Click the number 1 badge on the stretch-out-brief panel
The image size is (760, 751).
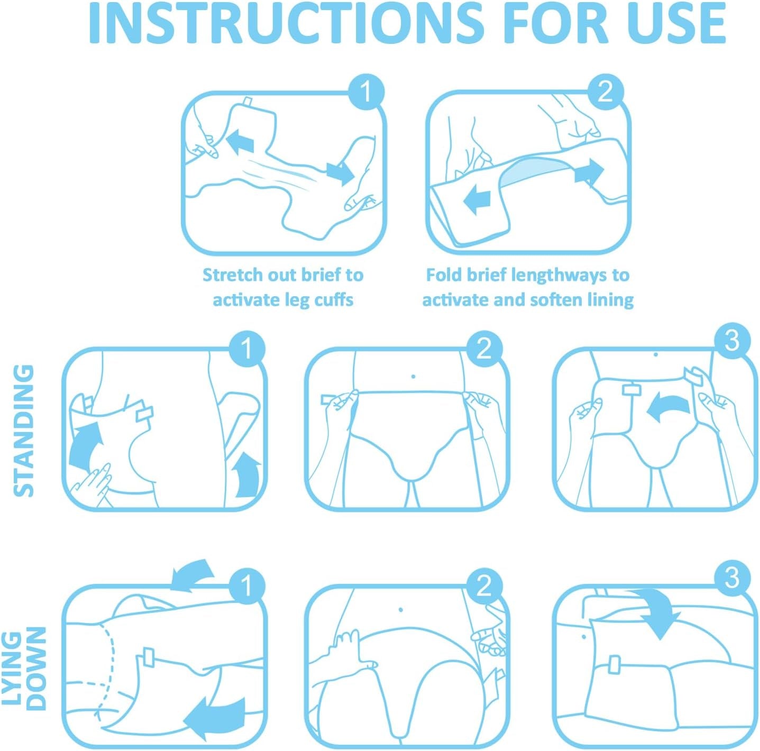(366, 92)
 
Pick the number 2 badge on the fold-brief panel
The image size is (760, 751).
(606, 92)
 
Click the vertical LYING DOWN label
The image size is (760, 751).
(24, 668)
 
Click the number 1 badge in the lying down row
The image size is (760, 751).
(246, 586)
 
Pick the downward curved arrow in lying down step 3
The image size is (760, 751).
(658, 613)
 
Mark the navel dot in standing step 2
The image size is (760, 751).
(413, 377)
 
